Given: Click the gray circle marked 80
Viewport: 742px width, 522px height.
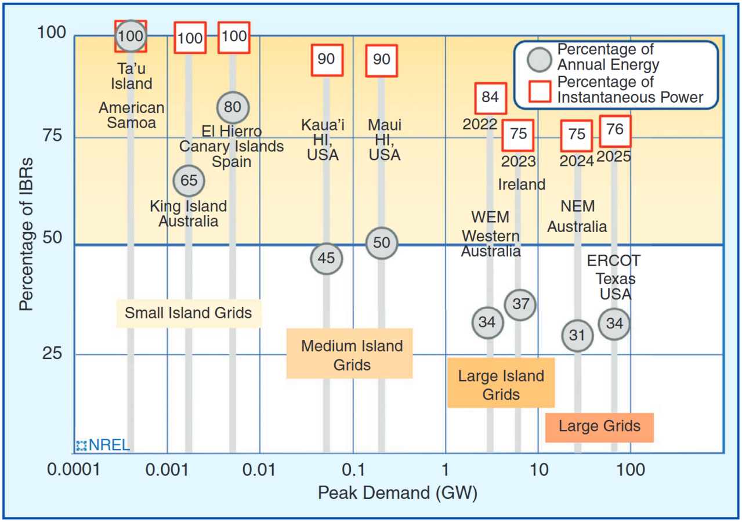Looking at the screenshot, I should pos(233,107).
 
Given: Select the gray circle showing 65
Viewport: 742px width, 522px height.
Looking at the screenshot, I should pos(189,180).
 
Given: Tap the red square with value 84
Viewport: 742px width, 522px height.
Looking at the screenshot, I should pos(490,97).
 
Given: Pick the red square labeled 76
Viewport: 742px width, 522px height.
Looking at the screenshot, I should pos(614,130).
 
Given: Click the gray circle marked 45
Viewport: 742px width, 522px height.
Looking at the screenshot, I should pos(327,258).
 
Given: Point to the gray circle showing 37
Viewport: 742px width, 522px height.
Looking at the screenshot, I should pos(520,304).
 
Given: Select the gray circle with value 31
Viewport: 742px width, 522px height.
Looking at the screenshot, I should pos(577,335).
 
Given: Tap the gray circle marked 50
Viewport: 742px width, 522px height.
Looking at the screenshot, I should pos(381,242).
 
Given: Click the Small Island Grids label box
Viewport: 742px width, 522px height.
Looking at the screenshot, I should pos(189,313).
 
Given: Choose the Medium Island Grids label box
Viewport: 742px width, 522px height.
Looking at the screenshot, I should pos(349,354).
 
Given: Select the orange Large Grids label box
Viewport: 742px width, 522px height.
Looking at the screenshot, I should pos(599,427).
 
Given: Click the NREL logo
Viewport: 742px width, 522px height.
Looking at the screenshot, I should pos(102,445).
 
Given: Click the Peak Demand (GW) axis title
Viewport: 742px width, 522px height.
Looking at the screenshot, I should pos(397,494).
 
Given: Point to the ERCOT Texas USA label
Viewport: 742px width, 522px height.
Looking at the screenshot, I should pos(615,277).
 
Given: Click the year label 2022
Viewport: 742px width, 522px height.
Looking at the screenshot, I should pos(480,124).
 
